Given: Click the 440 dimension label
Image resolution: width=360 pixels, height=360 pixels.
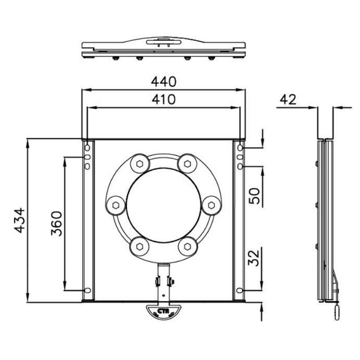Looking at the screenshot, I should point(163,82).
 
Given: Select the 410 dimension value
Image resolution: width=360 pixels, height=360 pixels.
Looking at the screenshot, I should point(163,99).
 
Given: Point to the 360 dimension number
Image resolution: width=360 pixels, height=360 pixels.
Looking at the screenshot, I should point(56,223).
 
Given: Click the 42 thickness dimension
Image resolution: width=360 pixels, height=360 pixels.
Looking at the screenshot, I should point(288,99).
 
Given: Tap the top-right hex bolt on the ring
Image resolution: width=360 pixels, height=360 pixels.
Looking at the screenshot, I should point(186,164).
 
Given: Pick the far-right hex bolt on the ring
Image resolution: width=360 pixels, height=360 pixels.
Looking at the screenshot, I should point(210,205).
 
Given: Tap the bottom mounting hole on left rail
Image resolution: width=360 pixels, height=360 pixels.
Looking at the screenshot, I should point(88,290).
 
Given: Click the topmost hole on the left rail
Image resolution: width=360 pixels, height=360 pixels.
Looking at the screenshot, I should point(88,148).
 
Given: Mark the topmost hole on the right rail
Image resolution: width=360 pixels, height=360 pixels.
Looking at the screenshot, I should point(240,148).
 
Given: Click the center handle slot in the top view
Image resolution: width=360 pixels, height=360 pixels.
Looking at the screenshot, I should point(163,42).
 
